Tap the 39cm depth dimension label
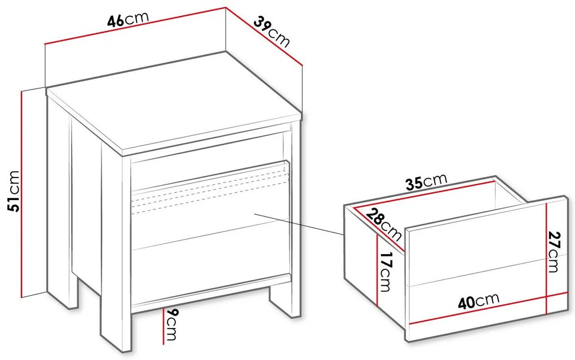(271, 32)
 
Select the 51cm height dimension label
(14, 191)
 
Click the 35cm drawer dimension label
(427, 181)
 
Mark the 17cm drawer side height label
(386, 272)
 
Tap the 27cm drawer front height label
(554, 252)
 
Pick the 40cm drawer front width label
(479, 301)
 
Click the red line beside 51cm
(22, 194)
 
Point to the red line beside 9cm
(163, 326)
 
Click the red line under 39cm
(264, 36)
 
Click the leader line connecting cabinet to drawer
(299, 224)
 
